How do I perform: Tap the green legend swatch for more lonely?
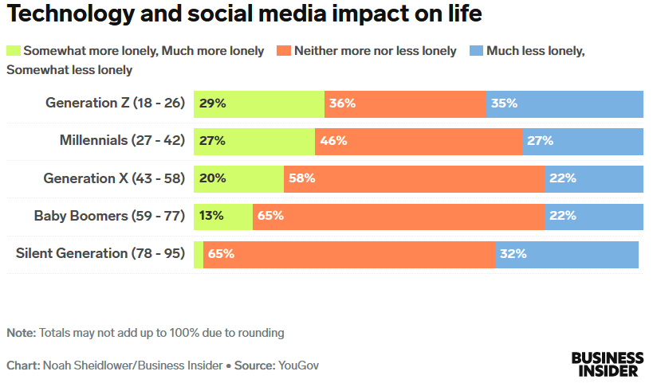[x=14, y=50]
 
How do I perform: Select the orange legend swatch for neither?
[x=284, y=50]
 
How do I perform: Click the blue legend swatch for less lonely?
[x=476, y=50]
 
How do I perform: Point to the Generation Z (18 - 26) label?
[x=115, y=103]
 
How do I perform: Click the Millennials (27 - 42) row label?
[x=122, y=140]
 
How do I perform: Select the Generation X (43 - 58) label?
[x=114, y=178]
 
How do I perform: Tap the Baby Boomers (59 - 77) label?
[x=109, y=216]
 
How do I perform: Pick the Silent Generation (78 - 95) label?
[x=100, y=253]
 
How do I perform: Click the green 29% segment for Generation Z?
[x=259, y=104]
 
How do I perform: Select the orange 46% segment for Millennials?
[x=419, y=141]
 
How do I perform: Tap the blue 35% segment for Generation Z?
[x=564, y=104]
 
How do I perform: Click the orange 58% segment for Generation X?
[x=414, y=178]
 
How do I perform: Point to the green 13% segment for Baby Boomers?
[x=222, y=216]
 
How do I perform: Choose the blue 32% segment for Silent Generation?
[x=567, y=254]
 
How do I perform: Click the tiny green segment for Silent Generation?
[x=199, y=254]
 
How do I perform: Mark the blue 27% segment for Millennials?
[x=583, y=141]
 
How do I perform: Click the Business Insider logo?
[x=607, y=364]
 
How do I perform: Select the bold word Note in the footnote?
[x=21, y=332]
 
